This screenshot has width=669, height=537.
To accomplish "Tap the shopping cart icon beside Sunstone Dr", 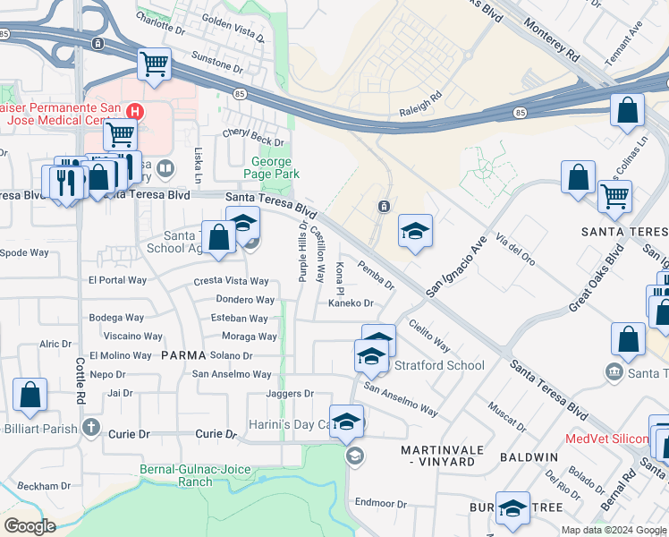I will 154,64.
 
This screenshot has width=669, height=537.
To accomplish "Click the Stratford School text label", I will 440,365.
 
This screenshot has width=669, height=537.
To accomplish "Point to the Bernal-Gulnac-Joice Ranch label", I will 190,474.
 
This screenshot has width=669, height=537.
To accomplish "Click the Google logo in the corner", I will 30,526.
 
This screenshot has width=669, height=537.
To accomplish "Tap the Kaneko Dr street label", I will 350,303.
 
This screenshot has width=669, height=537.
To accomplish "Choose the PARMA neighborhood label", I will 184,355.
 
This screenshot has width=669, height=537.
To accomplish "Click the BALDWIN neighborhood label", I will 529,456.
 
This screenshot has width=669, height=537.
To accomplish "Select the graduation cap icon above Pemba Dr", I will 415,233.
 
